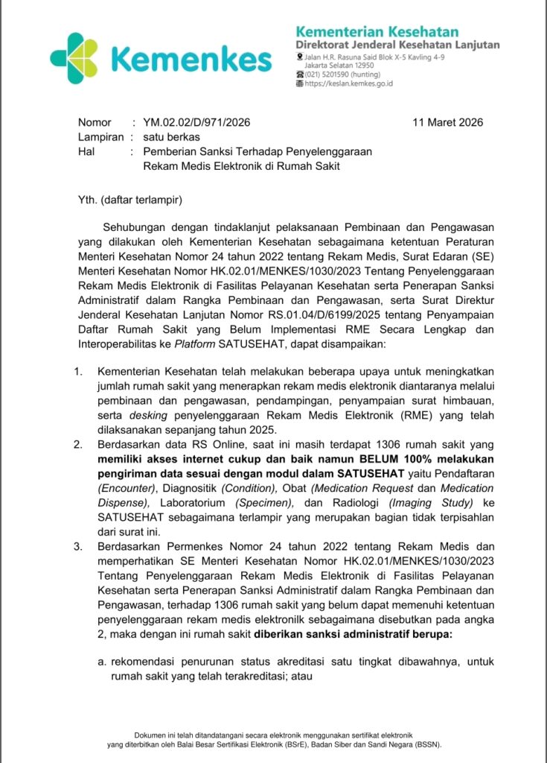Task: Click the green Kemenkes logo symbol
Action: pyautogui.click(x=74, y=57)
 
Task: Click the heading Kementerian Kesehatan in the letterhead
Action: pyautogui.click(x=377, y=31)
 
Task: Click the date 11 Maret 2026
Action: pyautogui.click(x=448, y=122)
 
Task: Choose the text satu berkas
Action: pyautogui.click(x=172, y=137)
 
